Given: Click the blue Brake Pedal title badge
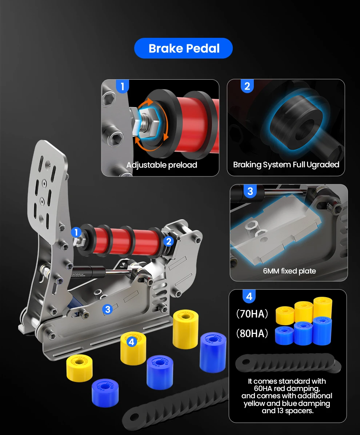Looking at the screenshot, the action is click(183, 48).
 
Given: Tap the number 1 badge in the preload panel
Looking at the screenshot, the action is click(122, 86).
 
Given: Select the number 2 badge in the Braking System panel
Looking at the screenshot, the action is click(247, 86).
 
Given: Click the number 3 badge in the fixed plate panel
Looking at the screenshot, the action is click(250, 191).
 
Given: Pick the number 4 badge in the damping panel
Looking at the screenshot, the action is click(249, 296).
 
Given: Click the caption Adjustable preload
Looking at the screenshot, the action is click(162, 165).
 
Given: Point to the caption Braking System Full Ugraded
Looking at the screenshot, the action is click(286, 165).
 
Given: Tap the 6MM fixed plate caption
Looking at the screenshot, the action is click(289, 271).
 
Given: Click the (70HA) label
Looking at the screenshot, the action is click(252, 314).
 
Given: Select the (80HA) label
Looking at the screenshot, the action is click(252, 333).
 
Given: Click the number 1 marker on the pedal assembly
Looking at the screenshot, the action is click(76, 232).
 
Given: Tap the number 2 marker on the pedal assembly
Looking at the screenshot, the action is click(169, 242).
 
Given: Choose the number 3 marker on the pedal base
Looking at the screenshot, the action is click(108, 309).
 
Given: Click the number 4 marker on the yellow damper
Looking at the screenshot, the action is click(132, 342).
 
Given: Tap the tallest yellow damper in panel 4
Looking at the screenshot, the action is click(323, 308).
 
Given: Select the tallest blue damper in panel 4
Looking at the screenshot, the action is click(322, 331).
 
